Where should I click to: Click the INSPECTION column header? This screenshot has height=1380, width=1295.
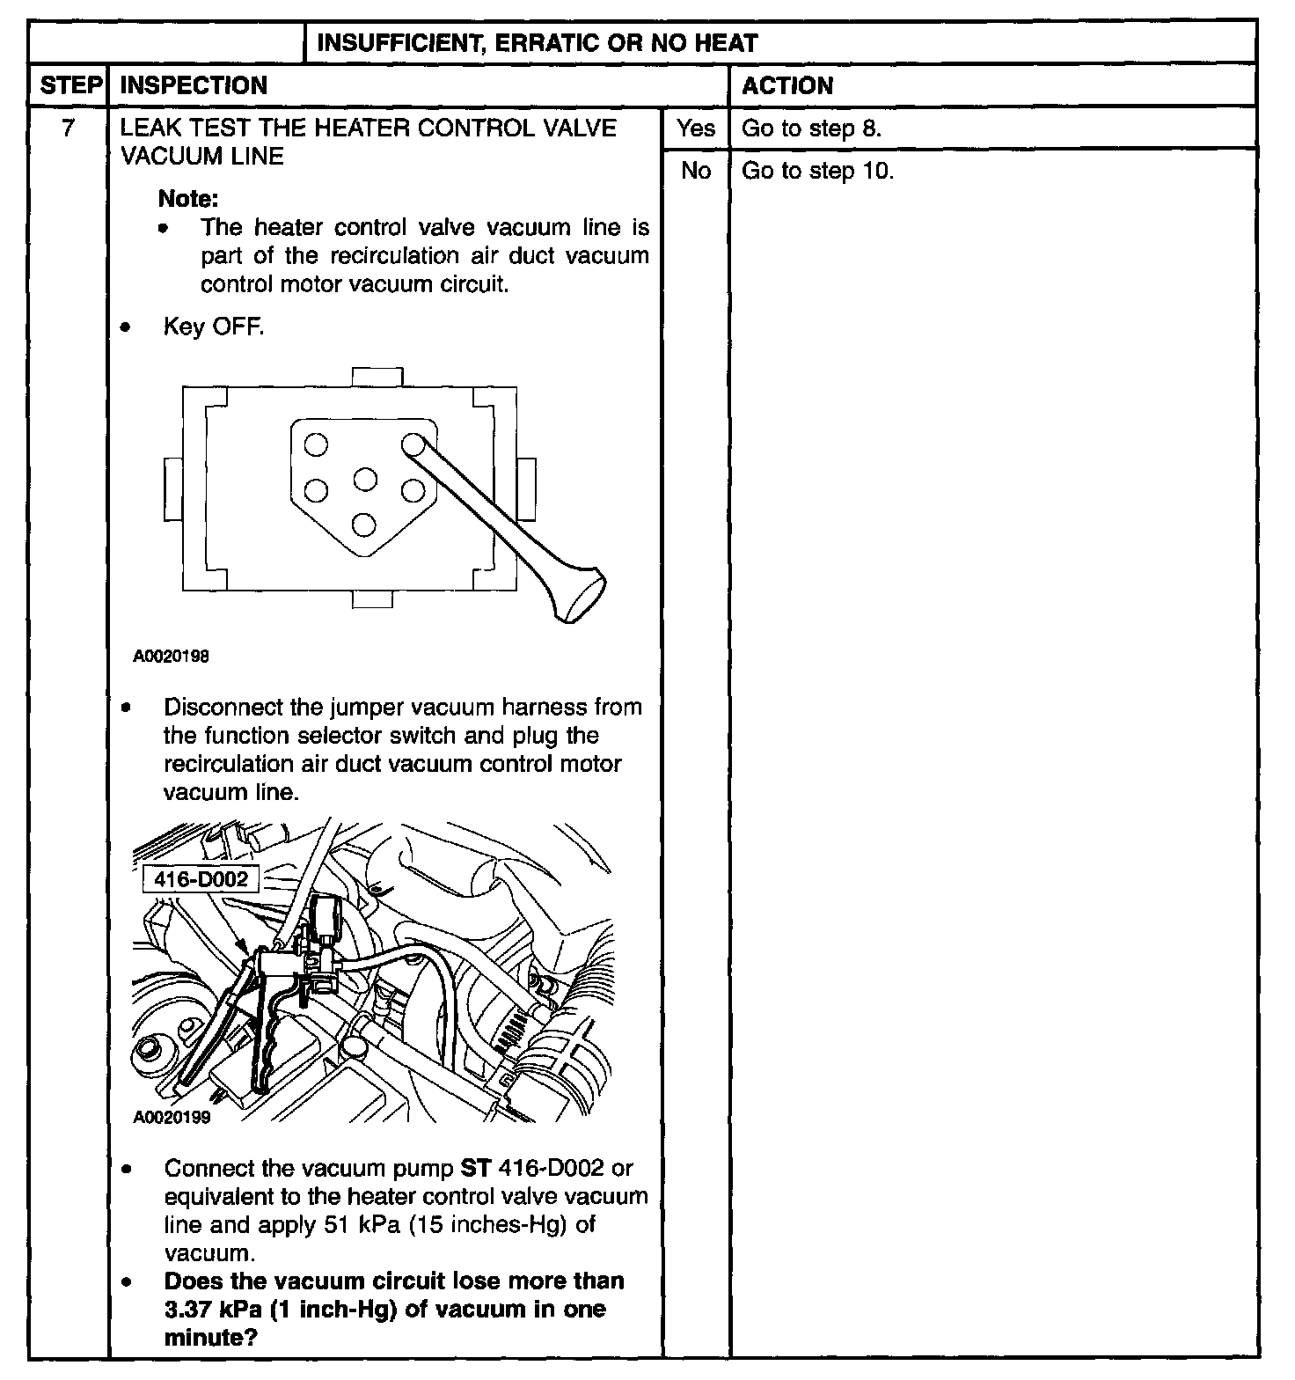click(x=194, y=85)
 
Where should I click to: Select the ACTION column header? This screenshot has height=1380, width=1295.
click(x=787, y=85)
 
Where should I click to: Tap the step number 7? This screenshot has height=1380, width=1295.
click(x=68, y=128)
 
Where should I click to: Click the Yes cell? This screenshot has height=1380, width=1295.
click(x=696, y=128)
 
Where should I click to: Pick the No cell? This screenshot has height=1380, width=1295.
click(x=696, y=171)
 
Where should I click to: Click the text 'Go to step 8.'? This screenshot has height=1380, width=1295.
click(x=811, y=128)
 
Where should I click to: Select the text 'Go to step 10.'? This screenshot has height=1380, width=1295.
click(x=817, y=171)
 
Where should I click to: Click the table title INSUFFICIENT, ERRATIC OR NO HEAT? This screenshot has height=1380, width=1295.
click(x=537, y=42)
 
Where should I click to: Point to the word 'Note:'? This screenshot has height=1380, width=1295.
click(x=188, y=199)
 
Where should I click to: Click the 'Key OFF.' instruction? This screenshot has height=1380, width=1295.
click(x=214, y=327)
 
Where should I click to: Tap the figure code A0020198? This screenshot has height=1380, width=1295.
click(x=172, y=657)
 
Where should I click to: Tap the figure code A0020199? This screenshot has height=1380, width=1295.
click(x=172, y=1118)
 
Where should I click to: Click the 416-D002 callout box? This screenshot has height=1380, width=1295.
click(x=201, y=879)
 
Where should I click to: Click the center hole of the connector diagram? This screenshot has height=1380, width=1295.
click(x=364, y=480)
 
